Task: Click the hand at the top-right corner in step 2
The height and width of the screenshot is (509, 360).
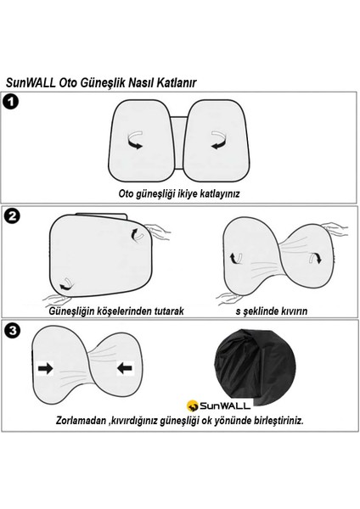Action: click(x=156, y=227)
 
